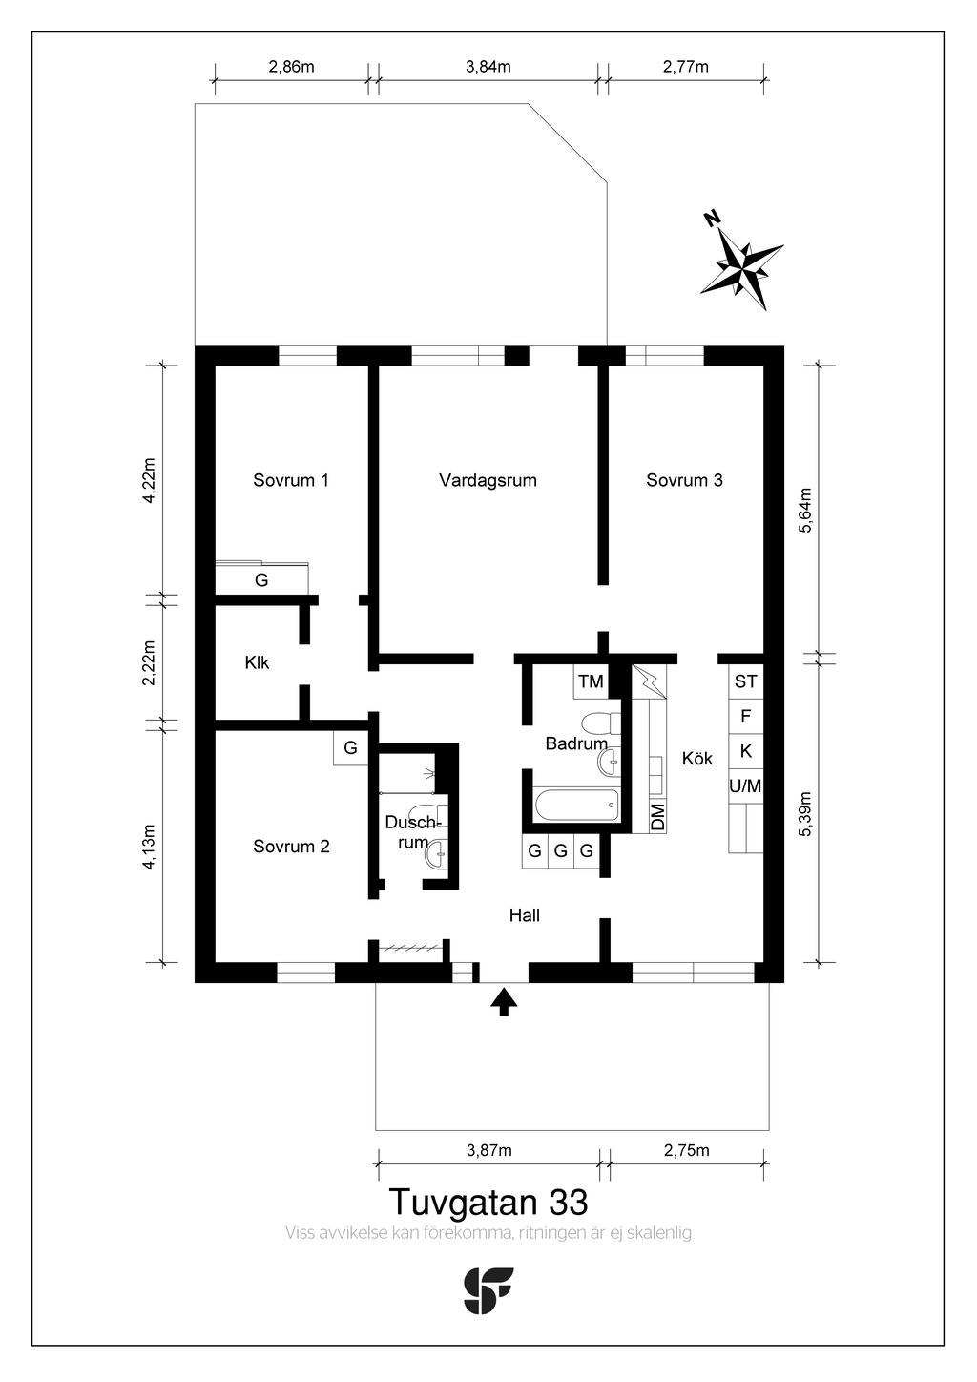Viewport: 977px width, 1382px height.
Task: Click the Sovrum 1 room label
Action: [290, 480]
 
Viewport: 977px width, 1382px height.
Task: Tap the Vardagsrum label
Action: [488, 481]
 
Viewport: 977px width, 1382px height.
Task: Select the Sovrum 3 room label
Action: [684, 480]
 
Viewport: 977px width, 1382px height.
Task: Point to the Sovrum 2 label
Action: [291, 846]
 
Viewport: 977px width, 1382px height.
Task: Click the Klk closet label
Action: [258, 662]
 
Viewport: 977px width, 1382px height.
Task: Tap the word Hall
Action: [524, 915]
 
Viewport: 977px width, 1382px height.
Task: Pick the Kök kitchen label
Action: [697, 758]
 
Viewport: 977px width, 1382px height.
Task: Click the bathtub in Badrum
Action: [576, 806]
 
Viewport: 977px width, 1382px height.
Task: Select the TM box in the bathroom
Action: [591, 681]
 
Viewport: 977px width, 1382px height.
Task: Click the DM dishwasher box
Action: [658, 816]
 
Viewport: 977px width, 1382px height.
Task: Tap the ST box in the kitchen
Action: [746, 681]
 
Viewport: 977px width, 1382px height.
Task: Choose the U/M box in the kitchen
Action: [746, 786]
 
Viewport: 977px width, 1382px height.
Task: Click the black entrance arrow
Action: [504, 1001]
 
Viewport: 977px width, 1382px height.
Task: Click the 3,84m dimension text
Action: [488, 67]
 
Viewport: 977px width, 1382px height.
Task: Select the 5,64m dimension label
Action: [805, 510]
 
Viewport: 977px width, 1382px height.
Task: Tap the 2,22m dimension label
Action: [149, 662]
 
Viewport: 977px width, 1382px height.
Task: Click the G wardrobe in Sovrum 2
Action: [350, 747]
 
